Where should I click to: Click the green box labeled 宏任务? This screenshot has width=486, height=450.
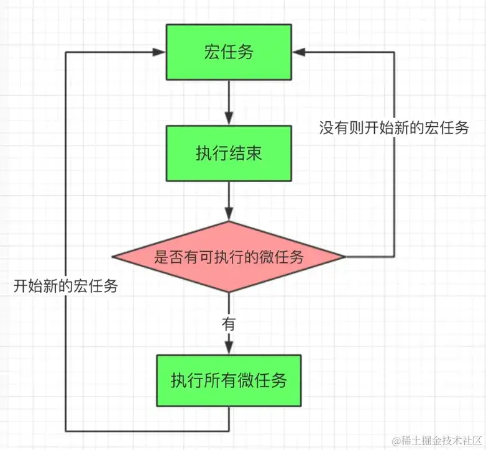[229, 52]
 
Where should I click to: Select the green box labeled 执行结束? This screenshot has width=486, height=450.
[229, 154]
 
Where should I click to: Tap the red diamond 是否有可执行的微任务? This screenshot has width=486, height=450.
[229, 257]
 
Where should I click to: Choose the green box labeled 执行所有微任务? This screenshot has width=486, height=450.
[229, 380]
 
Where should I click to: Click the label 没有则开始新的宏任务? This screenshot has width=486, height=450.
[394, 129]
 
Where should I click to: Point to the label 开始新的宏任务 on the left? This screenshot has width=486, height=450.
[66, 287]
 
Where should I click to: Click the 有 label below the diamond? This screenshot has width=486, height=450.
[229, 324]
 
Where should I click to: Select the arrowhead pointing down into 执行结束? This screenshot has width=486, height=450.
[229, 119]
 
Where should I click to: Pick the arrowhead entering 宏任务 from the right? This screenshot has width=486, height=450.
[298, 52]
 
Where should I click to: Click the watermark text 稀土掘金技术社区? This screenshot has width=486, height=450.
[433, 439]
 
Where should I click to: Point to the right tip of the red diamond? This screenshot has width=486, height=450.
[344, 257]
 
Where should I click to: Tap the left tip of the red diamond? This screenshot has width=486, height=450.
[113, 257]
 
